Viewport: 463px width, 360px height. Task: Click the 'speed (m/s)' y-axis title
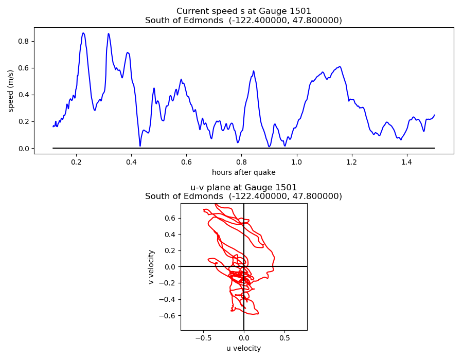(x=11, y=91)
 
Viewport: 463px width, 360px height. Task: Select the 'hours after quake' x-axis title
(x=243, y=172)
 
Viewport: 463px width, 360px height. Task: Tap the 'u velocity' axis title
(x=243, y=348)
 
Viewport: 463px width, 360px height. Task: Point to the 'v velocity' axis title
(x=151, y=267)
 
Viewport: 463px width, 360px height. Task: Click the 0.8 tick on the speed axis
(x=23, y=41)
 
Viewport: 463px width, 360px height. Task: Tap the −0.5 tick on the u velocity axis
(x=203, y=338)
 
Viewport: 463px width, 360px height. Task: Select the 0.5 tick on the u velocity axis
(x=284, y=338)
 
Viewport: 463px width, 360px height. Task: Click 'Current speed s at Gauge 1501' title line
(x=243, y=11)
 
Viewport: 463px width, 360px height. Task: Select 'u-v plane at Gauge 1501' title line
(x=243, y=187)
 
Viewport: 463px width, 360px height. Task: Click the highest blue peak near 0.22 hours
(x=83, y=33)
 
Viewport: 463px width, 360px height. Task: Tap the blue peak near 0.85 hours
(x=254, y=71)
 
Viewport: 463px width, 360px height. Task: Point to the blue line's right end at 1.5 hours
(x=434, y=115)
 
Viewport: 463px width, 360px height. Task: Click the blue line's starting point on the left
(x=53, y=127)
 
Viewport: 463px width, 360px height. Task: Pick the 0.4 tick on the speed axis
(x=23, y=95)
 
